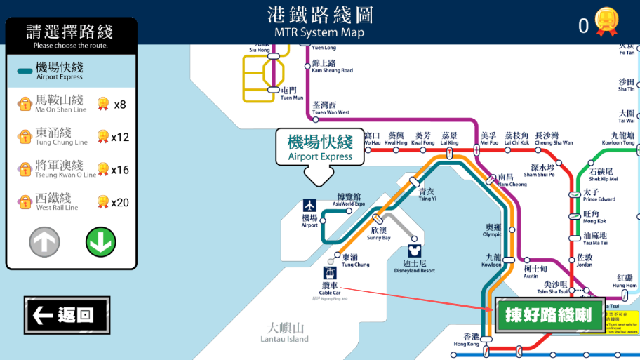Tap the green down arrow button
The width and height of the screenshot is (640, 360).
[100, 242]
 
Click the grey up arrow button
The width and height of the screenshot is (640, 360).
[44, 242]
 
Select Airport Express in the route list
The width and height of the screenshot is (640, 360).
[70, 71]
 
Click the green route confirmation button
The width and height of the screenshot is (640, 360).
[548, 315]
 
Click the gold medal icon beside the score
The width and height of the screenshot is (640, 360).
[606, 22]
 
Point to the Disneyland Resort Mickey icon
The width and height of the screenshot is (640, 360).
[414, 251]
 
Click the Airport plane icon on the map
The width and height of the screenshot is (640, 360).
[310, 206]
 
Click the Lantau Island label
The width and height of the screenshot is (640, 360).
[284, 332]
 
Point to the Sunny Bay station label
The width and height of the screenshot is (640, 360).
[378, 234]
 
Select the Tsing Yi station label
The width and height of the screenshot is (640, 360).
[427, 194]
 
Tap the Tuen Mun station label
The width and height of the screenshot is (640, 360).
[288, 93]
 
